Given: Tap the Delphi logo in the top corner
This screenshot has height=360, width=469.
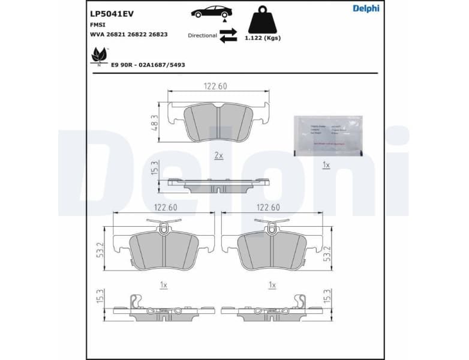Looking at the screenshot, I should [366, 8].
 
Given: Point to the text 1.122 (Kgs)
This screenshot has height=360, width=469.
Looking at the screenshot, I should [262, 38].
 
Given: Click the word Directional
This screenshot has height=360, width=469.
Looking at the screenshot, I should [202, 35].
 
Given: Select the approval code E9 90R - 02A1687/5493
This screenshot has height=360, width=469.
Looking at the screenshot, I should [148, 64].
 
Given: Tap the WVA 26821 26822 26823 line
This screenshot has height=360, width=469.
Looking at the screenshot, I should [129, 34].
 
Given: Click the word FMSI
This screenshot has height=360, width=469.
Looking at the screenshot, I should [98, 25].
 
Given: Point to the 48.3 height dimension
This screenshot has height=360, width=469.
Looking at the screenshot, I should [154, 122].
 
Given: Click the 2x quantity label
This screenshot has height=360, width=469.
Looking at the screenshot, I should [218, 155].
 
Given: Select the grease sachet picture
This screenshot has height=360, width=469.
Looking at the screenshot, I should [326, 135].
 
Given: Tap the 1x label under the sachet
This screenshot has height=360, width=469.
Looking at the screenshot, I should [326, 164].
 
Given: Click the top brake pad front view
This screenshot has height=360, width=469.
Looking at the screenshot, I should [218, 122].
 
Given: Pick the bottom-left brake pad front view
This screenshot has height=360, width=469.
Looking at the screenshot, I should [163, 249].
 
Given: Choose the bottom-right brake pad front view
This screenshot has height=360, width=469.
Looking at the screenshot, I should [272, 249].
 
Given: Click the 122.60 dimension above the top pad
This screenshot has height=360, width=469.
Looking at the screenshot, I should [215, 86].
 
